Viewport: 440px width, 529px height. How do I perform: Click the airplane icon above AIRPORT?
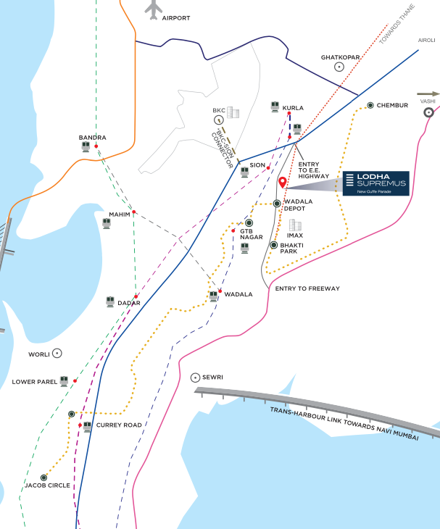(154, 8)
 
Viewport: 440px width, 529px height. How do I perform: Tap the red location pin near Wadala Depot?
(283, 183)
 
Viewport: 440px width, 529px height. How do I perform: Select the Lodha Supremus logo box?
(376, 183)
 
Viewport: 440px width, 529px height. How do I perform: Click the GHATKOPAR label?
(341, 57)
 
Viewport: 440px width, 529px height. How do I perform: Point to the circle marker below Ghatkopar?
(339, 67)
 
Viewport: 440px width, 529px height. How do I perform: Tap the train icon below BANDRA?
(86, 146)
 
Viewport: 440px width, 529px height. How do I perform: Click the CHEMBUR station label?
(392, 105)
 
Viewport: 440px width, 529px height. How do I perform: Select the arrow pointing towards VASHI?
(428, 93)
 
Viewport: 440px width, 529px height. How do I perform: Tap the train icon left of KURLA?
(275, 107)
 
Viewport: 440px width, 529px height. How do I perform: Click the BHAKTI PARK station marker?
(273, 246)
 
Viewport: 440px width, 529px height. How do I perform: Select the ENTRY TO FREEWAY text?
(307, 288)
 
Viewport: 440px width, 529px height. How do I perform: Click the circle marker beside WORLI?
(57, 353)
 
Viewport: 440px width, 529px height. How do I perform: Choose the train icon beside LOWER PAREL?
(65, 380)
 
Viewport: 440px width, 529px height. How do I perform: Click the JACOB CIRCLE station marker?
(43, 478)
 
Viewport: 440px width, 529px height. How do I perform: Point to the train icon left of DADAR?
(110, 301)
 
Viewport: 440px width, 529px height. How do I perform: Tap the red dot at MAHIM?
(134, 212)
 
